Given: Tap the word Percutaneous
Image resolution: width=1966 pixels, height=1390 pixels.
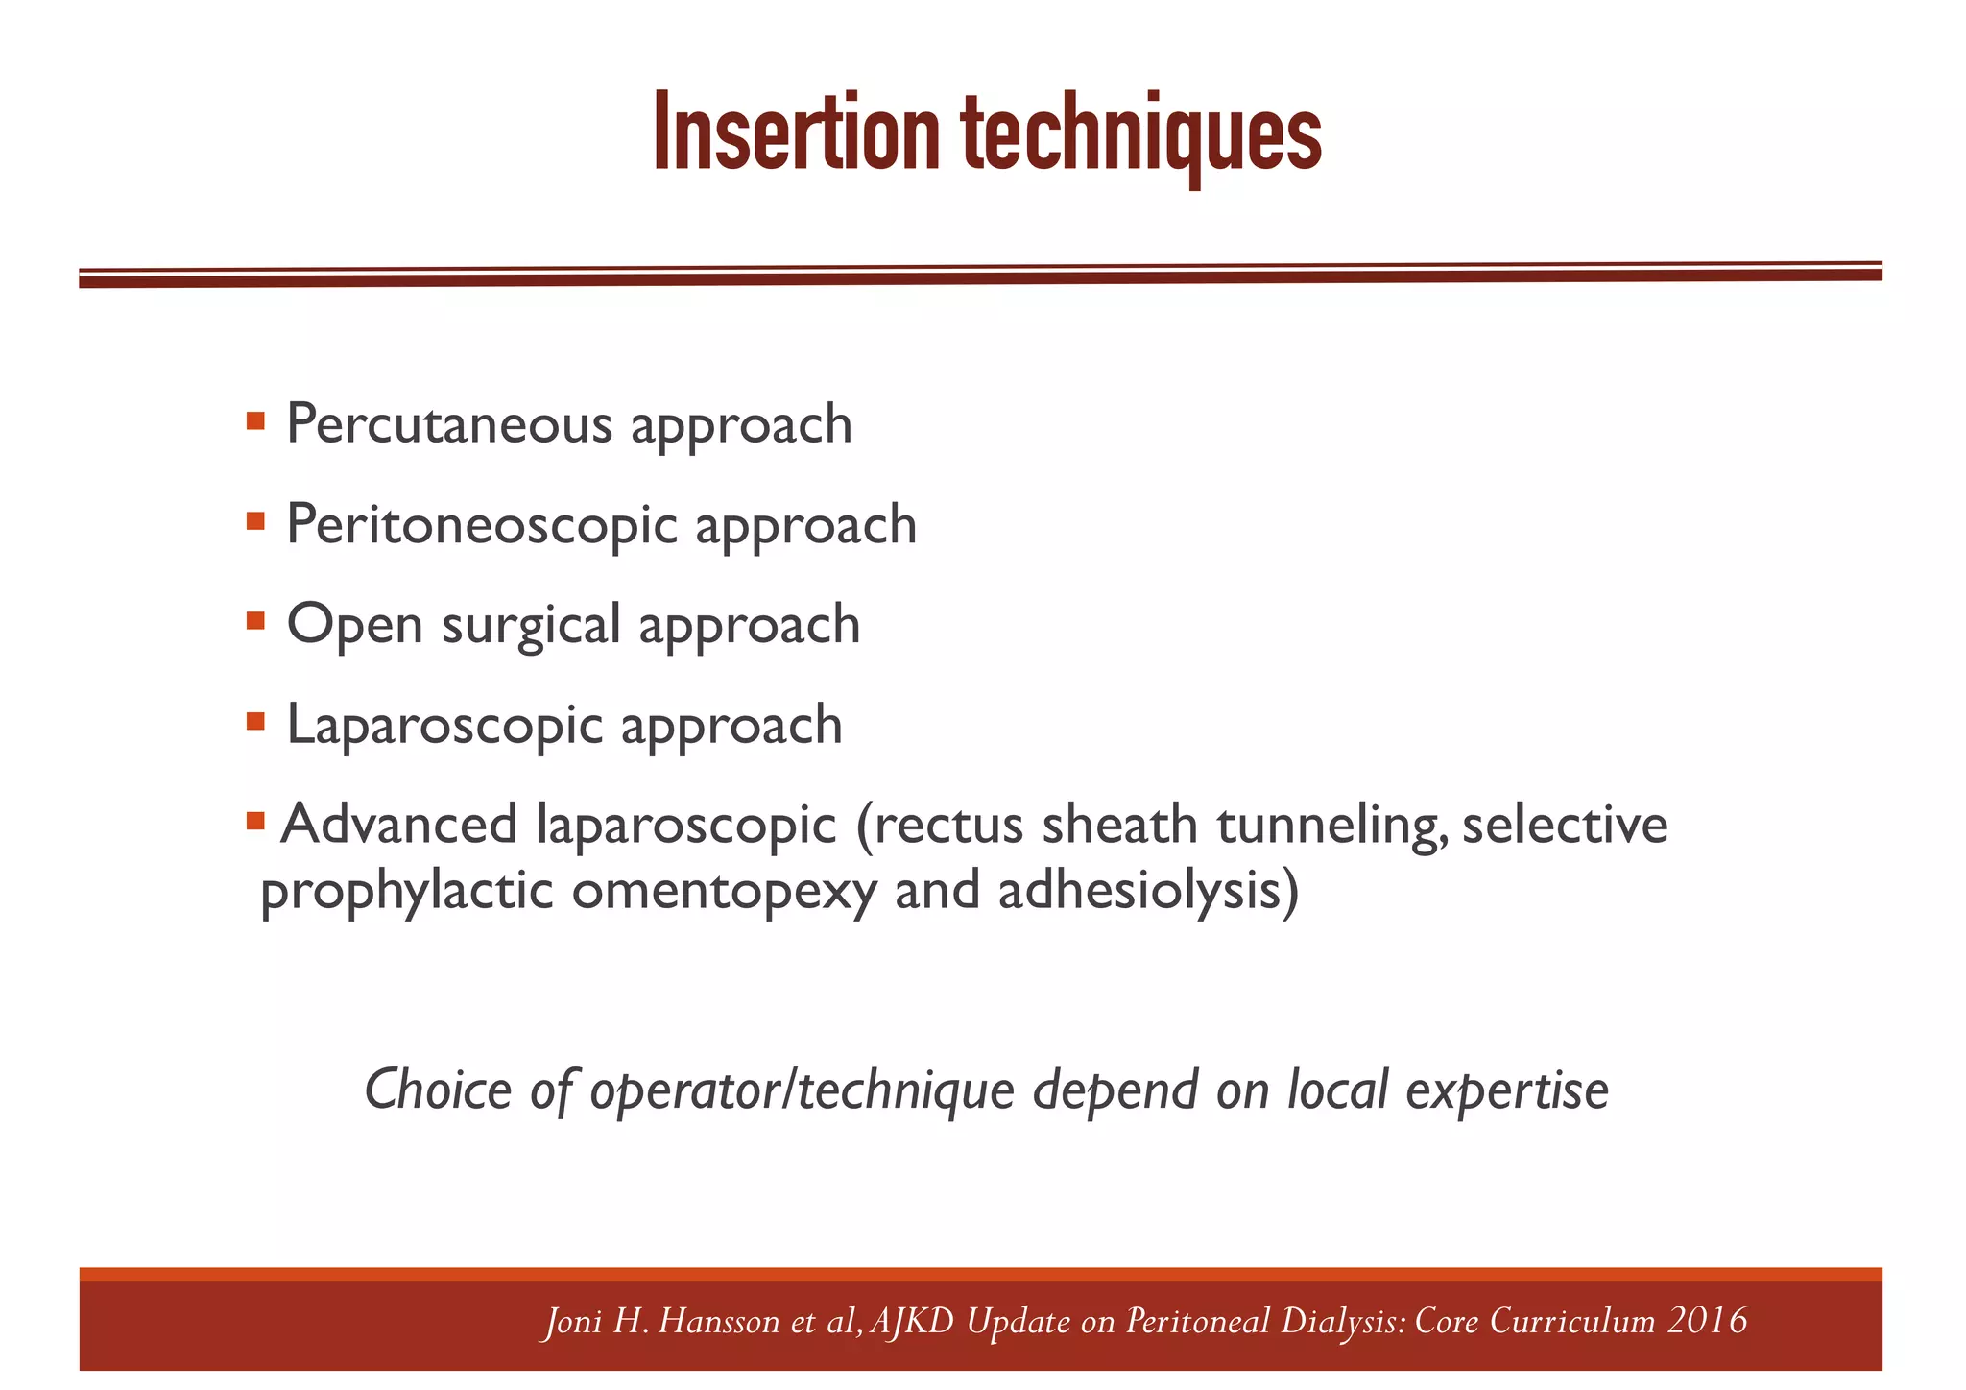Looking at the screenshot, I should (x=448, y=424).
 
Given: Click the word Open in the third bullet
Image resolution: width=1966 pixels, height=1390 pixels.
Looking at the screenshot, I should (x=354, y=625).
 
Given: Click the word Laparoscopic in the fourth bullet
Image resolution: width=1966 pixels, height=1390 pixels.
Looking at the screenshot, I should (x=444, y=725).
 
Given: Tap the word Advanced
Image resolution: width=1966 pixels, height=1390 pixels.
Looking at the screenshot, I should (x=398, y=825).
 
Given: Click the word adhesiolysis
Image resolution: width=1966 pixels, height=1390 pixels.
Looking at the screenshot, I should (x=1148, y=892).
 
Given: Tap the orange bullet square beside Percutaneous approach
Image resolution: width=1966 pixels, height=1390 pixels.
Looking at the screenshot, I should (x=255, y=420).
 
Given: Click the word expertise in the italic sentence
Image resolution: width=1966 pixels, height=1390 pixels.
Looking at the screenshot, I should (x=1506, y=1091).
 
